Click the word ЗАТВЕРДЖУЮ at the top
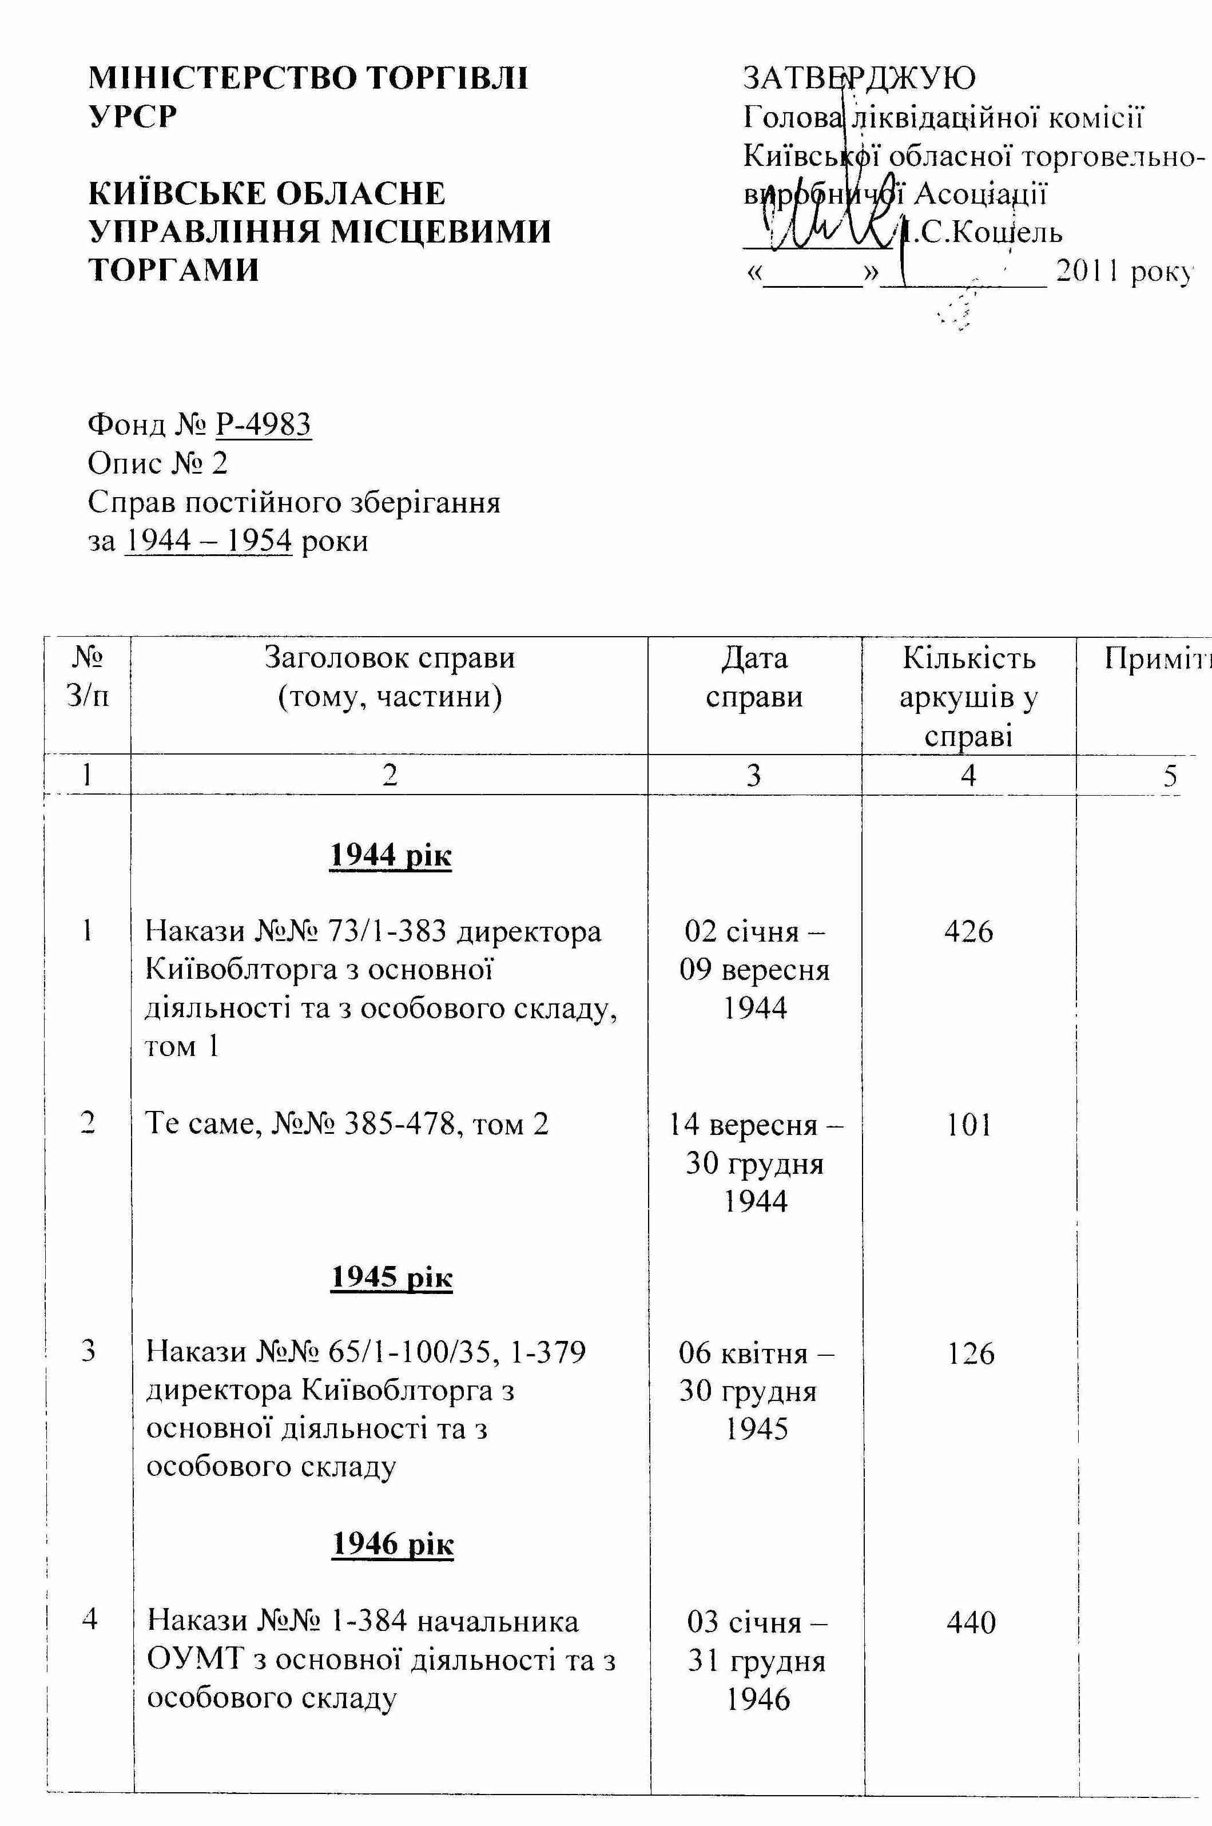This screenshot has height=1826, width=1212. pos(859,77)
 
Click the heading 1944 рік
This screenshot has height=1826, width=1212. pos(390,855)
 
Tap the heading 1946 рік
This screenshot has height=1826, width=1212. pos(393,1544)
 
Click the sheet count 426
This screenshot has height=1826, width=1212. pos(968,931)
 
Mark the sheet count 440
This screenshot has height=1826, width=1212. pos(971,1621)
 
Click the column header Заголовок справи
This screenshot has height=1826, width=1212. pos(390,658)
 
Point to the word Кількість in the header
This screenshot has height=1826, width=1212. pos(968,658)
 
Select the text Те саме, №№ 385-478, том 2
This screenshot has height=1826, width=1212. pos(347,1124)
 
